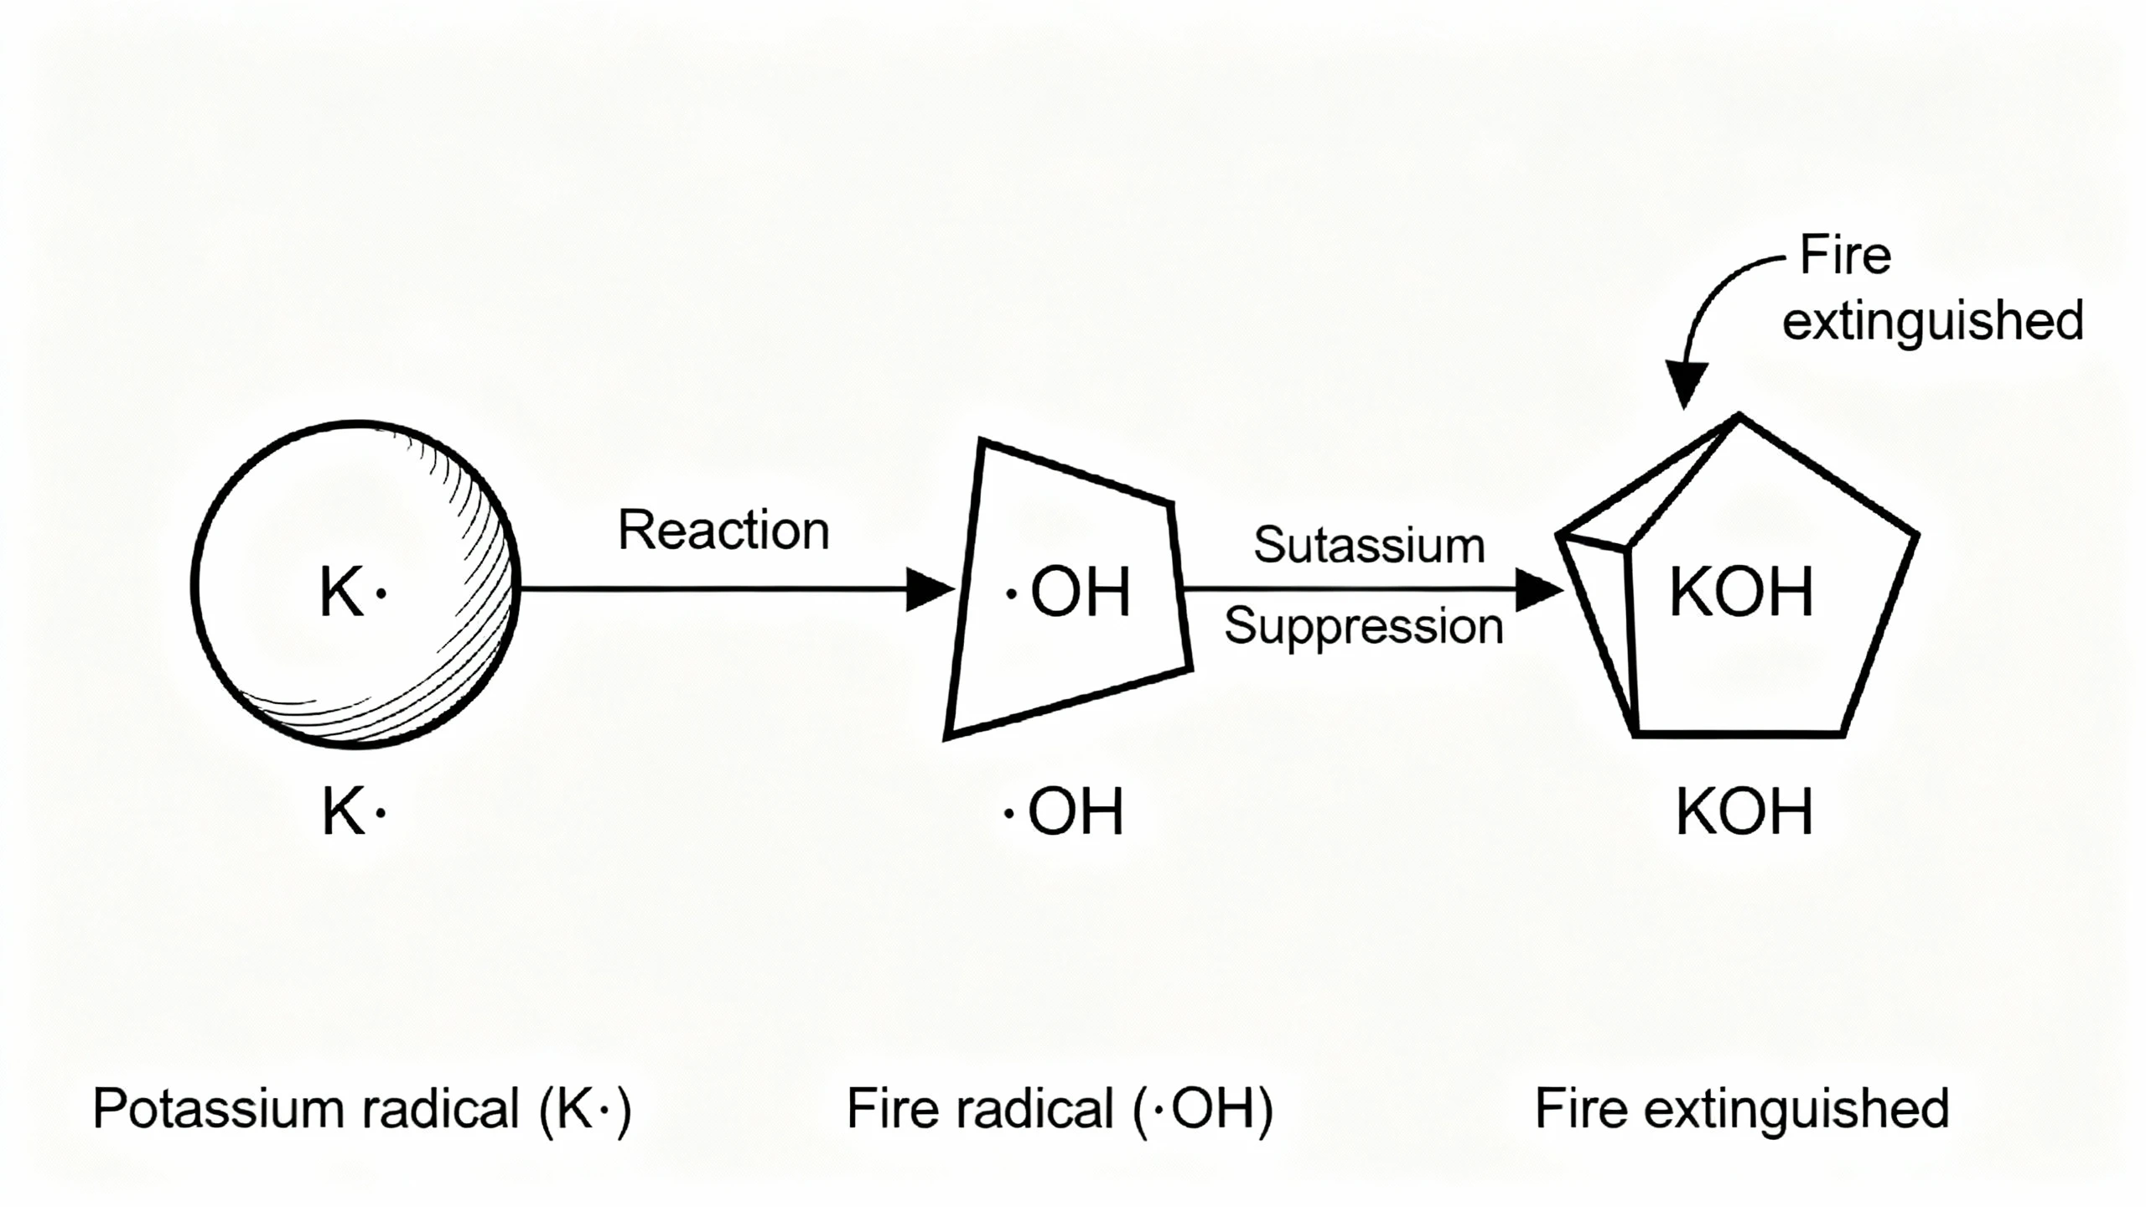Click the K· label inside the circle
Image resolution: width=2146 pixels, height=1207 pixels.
coord(352,592)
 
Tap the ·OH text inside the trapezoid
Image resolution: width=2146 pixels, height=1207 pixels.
coord(1070,592)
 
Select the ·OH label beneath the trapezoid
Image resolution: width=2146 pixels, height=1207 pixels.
coord(1065,811)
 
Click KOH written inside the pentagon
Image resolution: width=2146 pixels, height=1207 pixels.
coord(1742,592)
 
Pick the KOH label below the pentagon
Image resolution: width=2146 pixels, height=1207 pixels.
coord(1744,811)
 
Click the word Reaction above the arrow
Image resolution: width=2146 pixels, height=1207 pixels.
coord(723,531)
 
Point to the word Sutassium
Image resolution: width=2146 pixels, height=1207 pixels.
coord(1369,545)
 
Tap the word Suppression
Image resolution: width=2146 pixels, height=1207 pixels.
coord(1364,626)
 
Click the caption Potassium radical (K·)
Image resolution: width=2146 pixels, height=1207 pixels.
coord(362,1109)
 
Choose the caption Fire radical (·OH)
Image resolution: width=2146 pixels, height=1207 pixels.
coord(1060,1109)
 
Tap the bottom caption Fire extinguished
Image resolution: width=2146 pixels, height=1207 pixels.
coord(1742,1109)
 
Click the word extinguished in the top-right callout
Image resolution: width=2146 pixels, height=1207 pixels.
coord(1932,322)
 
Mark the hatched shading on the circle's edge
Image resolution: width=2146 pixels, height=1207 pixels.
coord(482,603)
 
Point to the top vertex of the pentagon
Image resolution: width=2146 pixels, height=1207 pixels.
coord(1739,416)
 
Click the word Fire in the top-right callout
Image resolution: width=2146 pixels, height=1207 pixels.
coord(1846,256)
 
